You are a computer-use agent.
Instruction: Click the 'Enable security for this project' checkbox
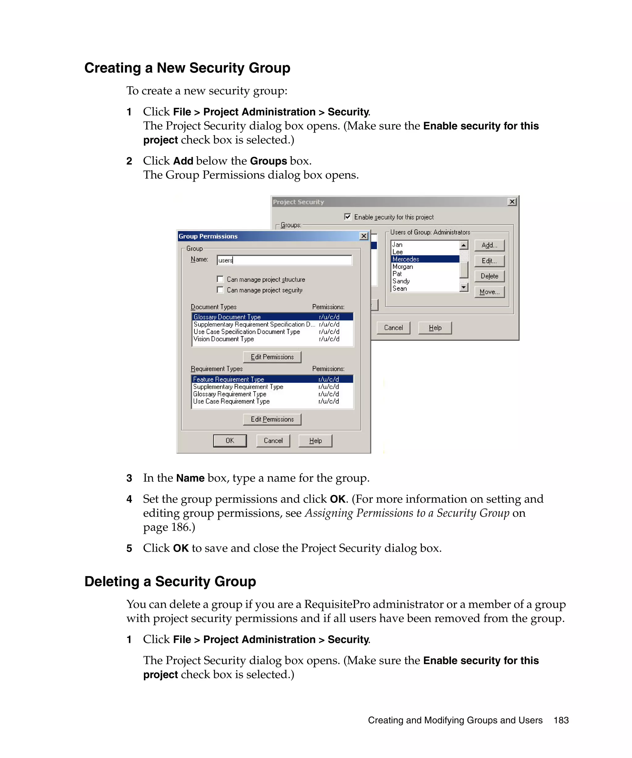(x=347, y=216)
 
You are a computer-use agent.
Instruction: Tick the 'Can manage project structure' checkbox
(x=220, y=279)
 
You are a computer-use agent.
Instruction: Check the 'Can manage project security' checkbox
(x=220, y=290)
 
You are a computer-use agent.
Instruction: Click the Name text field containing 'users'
(x=284, y=260)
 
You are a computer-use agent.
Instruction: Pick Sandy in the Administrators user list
(x=401, y=281)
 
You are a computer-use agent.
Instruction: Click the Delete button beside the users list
(x=489, y=276)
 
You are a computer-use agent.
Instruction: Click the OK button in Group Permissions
(x=230, y=441)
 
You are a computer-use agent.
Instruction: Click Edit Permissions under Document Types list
(x=272, y=357)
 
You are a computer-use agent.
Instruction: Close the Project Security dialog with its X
(x=512, y=202)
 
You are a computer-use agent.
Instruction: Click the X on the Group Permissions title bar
(x=364, y=236)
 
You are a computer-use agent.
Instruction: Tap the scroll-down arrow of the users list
(x=464, y=287)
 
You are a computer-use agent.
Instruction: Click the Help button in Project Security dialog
(x=435, y=328)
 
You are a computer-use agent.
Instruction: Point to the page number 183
(x=561, y=720)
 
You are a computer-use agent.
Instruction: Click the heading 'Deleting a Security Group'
(x=170, y=582)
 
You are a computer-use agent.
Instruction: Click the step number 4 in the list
(x=129, y=499)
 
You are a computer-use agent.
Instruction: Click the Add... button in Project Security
(x=489, y=245)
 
